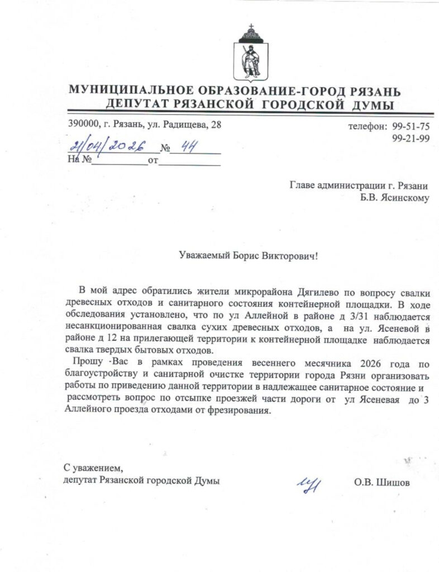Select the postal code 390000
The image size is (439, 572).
[x=83, y=125]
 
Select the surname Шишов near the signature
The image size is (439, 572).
[x=393, y=481]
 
